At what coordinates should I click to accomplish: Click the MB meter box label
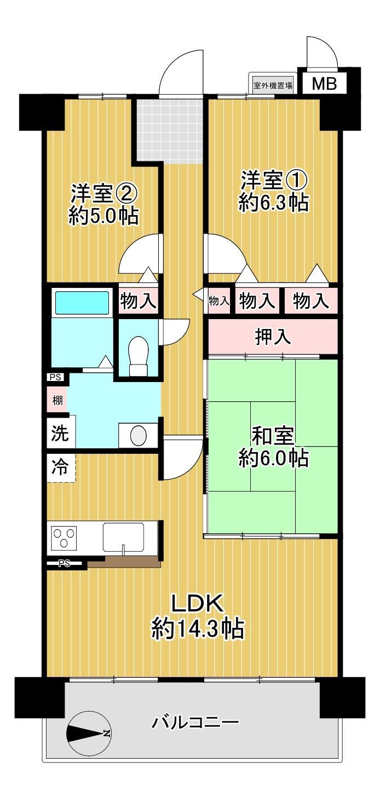[x=324, y=84]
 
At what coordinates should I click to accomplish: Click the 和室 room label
[x=273, y=436]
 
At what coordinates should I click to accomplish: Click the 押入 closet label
[x=273, y=336]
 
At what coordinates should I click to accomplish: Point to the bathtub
[x=82, y=302]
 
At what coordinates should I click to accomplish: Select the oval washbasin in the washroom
[x=139, y=435]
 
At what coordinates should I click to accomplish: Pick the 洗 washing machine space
[x=60, y=433]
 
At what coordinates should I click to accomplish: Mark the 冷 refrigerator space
[x=60, y=467]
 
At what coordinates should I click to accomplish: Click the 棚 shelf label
[x=57, y=400]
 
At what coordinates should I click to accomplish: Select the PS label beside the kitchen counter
[x=64, y=563]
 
